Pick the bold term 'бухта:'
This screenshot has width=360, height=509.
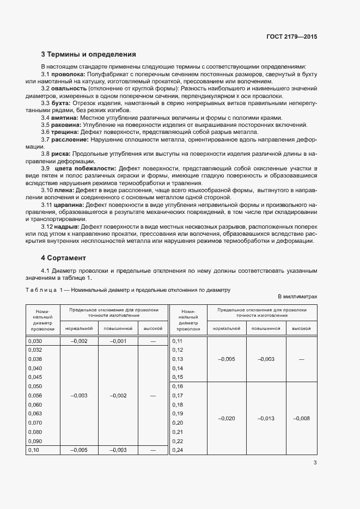click(x=60, y=103)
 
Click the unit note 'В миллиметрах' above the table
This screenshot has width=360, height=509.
click(x=297, y=296)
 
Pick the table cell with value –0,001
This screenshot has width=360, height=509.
click(x=118, y=341)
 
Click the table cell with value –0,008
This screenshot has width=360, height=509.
click(x=301, y=418)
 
